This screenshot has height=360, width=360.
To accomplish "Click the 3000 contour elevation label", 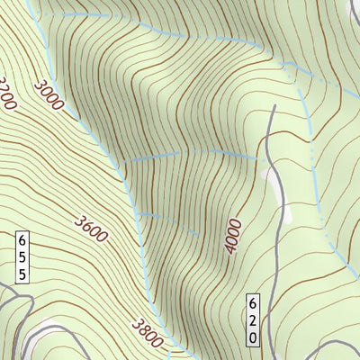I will point(49,95).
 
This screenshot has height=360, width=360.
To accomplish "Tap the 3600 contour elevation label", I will point(91,229).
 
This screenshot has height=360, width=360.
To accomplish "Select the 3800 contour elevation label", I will point(148,332).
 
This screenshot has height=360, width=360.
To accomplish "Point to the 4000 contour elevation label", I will point(233,236).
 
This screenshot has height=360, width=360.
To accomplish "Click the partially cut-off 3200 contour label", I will point(7,92).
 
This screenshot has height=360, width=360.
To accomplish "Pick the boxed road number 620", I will point(254,319).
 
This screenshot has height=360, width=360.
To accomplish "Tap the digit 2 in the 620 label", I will point(254,319).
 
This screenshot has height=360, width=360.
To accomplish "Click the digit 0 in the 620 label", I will point(254,336).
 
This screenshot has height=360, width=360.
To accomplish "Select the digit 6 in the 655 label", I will point(22,239).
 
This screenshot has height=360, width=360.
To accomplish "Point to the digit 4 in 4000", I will point(230,248).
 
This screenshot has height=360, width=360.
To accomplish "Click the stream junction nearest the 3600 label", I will point(137,213).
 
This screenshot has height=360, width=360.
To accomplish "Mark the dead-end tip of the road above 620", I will point(273,107).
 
